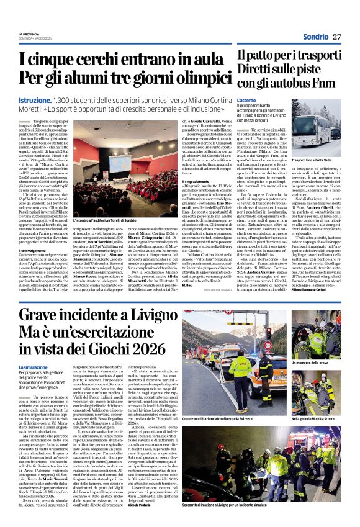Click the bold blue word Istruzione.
[x=35, y=99]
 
